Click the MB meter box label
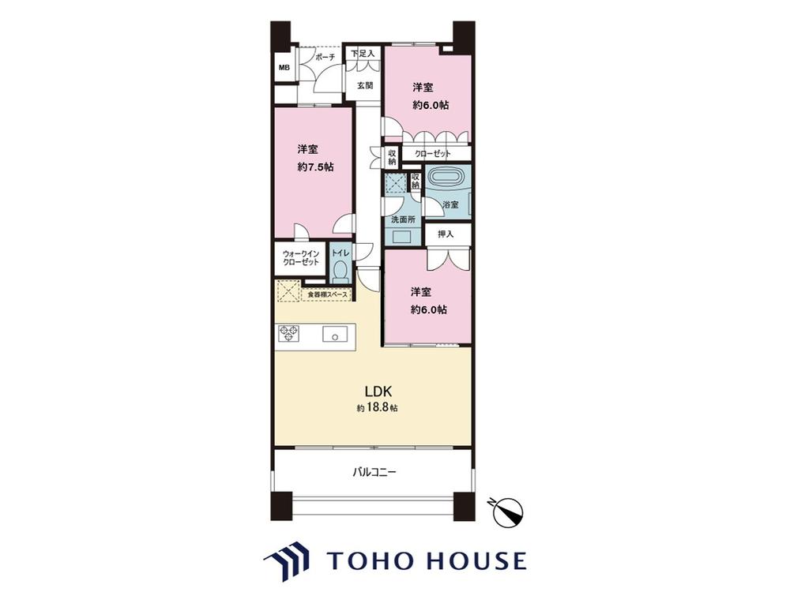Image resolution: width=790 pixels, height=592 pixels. [x=284, y=67]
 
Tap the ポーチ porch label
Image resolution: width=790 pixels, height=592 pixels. [x=325, y=58]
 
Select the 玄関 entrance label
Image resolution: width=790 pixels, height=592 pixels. [x=365, y=85]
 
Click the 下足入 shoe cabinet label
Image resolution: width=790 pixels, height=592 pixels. [x=363, y=53]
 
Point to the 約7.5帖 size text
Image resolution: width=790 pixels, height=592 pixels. [x=315, y=167]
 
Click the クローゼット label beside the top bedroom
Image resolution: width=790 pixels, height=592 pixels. [x=433, y=154]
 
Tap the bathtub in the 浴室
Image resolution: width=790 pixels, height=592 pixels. [x=444, y=178]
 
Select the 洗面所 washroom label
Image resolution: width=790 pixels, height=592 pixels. [x=404, y=219]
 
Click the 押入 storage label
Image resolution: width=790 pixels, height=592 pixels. [x=446, y=234]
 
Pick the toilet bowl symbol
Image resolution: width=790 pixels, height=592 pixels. [x=341, y=271]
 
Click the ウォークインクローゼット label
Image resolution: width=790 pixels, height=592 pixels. [x=301, y=258]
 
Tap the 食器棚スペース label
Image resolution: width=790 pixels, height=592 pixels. [x=328, y=294]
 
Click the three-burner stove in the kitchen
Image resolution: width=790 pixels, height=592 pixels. [x=288, y=334]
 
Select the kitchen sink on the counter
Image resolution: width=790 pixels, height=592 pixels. [x=334, y=334]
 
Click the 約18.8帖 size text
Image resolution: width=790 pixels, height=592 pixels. [x=378, y=408]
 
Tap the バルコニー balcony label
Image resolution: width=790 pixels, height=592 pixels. [x=374, y=472]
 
